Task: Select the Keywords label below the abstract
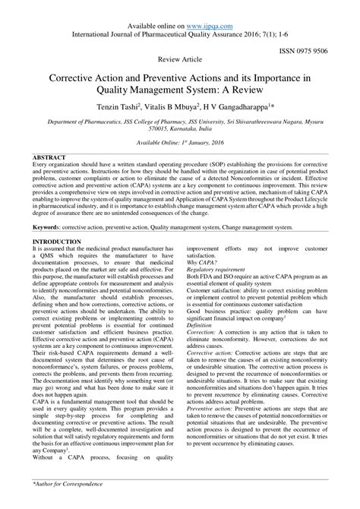(x=49, y=226)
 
